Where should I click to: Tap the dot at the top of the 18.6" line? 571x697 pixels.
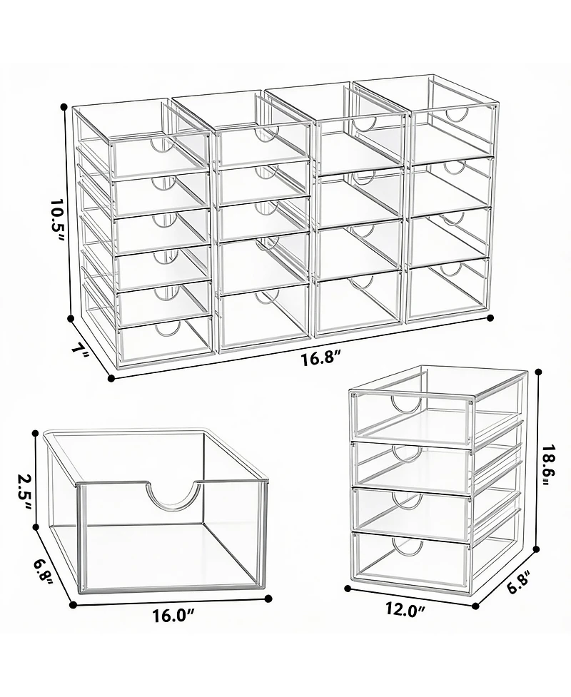(537, 371)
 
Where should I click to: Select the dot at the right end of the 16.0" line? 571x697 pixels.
(268, 600)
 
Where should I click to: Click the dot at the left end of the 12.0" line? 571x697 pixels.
(348, 589)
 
